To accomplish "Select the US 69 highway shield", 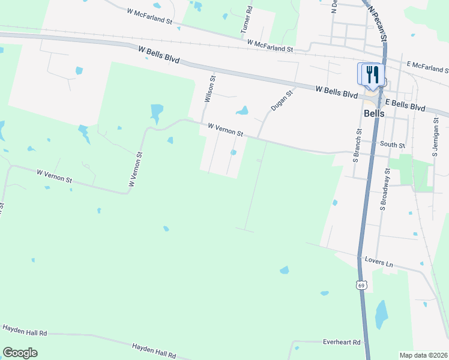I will point(361,283).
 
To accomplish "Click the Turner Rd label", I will point(247,21).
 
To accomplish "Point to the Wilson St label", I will point(209,89).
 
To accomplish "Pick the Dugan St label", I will point(281,100).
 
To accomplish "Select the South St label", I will point(393,145).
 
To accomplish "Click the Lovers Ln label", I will point(378,262).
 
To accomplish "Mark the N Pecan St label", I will point(377,18).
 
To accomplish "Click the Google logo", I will point(20,353).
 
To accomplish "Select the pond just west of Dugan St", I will point(242,110).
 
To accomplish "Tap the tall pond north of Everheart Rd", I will point(381,314).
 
